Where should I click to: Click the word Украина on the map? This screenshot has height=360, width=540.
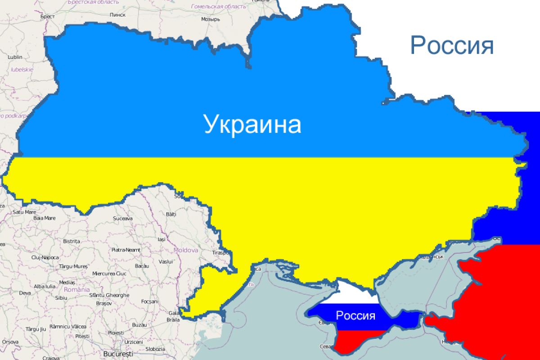252,124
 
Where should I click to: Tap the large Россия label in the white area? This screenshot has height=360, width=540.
452,45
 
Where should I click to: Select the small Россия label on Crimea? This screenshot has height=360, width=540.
355,315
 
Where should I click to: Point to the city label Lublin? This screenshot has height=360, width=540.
15,57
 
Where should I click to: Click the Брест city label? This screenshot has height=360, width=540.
47,17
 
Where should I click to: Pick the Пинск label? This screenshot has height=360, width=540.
117,14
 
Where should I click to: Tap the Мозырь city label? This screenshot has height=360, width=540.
210,19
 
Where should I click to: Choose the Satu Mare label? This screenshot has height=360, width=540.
24,211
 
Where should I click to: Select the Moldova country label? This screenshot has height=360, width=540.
186,250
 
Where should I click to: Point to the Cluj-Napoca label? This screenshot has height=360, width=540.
45,257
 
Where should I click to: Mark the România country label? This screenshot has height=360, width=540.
76,290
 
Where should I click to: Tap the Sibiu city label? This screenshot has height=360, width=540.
60,297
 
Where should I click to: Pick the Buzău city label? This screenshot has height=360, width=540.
140,324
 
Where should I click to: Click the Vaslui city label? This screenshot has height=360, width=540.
166,261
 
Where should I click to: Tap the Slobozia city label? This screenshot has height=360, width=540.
155,349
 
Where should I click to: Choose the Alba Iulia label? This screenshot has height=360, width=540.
45,286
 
